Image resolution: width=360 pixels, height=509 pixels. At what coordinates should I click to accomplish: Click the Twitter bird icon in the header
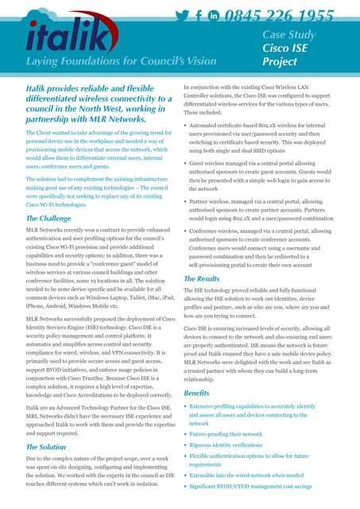point(181,15)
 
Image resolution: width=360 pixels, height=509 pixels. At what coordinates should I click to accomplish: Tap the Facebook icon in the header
point(198,15)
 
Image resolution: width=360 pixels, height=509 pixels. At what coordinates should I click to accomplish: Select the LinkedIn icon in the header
point(213,15)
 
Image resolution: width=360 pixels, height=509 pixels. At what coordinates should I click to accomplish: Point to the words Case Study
point(289,34)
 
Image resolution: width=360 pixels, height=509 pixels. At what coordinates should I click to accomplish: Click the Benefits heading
point(197,393)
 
